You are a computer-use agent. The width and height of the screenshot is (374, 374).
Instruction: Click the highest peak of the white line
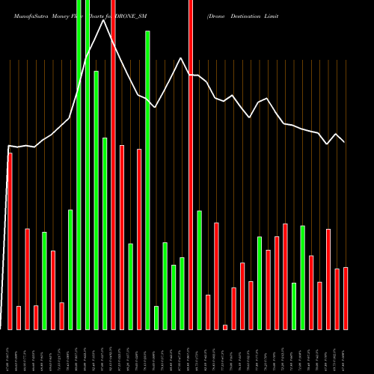pyautogui.click(x=104, y=20)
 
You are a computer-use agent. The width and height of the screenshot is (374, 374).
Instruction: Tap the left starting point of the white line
pyautogui.click(x=8, y=146)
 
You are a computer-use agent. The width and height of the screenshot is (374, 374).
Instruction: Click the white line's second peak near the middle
pyautogui.click(x=181, y=58)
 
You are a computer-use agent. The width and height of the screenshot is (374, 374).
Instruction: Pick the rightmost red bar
pyautogui.click(x=346, y=298)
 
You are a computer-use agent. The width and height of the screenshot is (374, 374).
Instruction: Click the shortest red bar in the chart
pyautogui.click(x=225, y=327)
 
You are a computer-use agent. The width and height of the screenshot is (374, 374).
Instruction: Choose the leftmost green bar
pyautogui.click(x=44, y=280)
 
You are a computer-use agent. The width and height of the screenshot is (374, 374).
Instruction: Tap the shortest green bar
pyautogui.click(x=156, y=317)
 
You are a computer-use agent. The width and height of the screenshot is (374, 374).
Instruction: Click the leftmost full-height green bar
pyautogui.click(x=79, y=165)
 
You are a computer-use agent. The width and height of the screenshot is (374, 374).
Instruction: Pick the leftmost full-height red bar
pyautogui.click(x=113, y=165)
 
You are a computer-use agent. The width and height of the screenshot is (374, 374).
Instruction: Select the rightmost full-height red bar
pyautogui.click(x=191, y=165)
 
